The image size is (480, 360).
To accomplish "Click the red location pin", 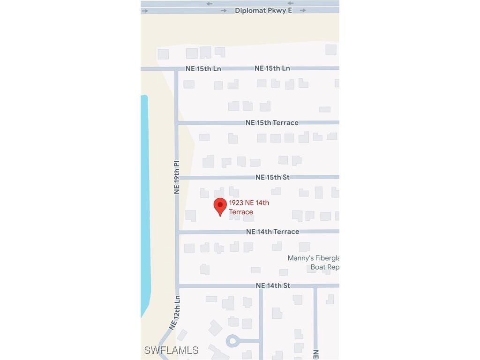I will point(220,206).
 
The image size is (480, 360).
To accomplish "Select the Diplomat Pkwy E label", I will point(263,10).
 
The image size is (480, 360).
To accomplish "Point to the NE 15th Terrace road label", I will point(272,123).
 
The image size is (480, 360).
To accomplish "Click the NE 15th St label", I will point(272,177).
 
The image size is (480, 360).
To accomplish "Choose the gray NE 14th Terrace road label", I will point(272,232).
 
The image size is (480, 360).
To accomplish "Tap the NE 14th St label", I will point(273,285).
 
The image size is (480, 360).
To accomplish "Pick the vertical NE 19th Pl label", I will point(177,178).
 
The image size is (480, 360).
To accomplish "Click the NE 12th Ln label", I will point(174,313).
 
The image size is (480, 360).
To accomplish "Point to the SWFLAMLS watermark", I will point(172,350).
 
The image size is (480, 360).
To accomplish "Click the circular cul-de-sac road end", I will point(232,341).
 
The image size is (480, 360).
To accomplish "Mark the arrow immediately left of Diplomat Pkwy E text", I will point(224,10).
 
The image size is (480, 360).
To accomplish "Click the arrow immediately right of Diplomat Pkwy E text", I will point(303,10).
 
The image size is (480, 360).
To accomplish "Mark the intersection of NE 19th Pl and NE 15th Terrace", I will point(177,123).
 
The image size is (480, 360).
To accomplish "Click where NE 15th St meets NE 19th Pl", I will point(177,178).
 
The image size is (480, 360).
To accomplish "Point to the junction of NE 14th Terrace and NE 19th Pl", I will point(177,232).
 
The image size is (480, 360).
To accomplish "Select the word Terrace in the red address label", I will point(241,212).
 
